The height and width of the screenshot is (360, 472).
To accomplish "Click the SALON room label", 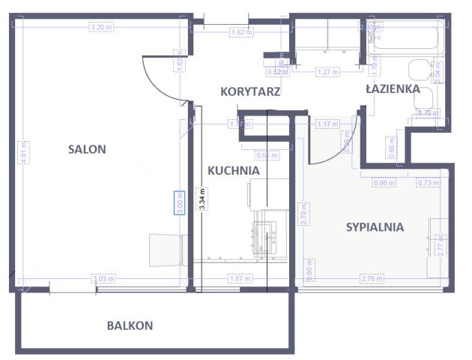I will pos(87,149).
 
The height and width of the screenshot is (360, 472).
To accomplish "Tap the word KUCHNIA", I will pos(234,170).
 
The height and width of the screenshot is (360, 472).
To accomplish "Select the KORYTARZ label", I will pos(250,92).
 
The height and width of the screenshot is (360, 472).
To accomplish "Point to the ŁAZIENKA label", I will pos(392,88).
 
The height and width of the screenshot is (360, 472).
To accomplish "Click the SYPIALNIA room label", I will pos(375,226).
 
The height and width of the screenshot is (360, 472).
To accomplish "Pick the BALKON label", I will pos(130,325).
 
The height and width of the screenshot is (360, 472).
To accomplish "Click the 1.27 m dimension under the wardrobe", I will pos(326,73).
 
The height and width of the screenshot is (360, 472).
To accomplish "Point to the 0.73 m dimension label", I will pos(427,182).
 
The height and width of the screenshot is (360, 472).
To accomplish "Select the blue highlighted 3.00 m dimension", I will pos(179,202).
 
